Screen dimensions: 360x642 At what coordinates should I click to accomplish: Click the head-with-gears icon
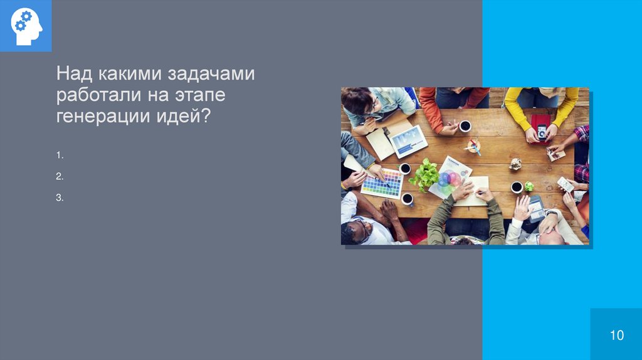click(26, 26)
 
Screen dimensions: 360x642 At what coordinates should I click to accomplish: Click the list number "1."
click(60, 154)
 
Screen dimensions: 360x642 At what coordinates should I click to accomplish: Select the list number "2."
click(60, 176)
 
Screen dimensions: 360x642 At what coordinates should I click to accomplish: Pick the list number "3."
click(60, 198)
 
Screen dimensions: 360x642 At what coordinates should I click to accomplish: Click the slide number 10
click(616, 335)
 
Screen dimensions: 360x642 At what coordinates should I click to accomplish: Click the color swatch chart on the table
click(382, 184)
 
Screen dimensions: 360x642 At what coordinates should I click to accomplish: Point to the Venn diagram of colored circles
click(448, 181)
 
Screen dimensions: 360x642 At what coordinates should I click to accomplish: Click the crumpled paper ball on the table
click(515, 164)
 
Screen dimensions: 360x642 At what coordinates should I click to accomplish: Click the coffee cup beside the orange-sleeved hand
click(465, 126)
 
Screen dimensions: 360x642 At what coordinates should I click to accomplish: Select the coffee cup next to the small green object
click(517, 186)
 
